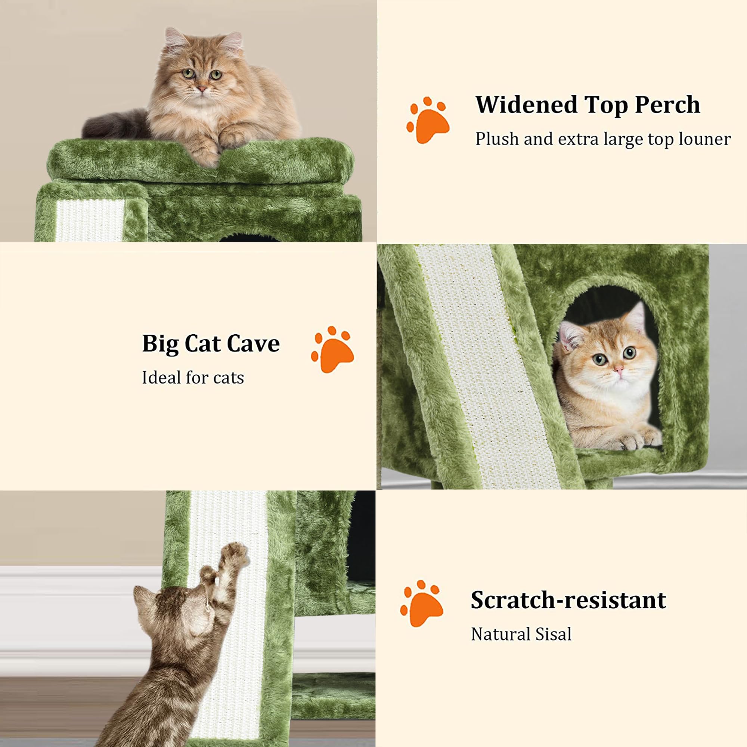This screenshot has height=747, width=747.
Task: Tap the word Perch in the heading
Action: coord(667,105)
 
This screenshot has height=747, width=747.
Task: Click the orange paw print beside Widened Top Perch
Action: coord(428,121)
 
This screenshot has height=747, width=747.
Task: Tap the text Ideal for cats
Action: coord(193,378)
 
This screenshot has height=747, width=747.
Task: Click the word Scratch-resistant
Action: coord(568,601)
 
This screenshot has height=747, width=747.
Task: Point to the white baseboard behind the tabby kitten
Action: coord(69,619)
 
